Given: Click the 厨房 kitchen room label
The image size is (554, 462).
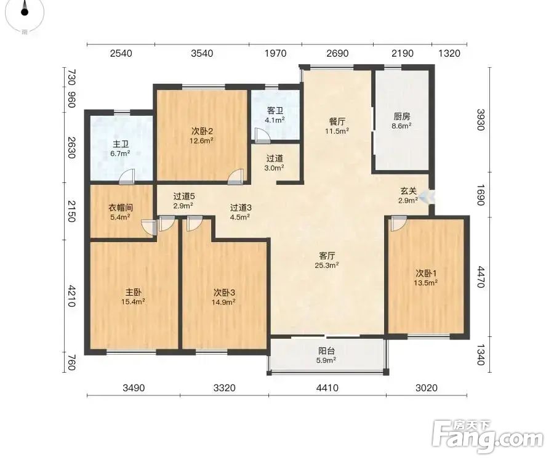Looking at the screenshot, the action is pyautogui.click(x=402, y=116).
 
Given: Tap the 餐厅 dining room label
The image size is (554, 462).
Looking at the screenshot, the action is pyautogui.click(x=337, y=121).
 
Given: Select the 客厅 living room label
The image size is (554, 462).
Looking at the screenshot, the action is pyautogui.click(x=327, y=256).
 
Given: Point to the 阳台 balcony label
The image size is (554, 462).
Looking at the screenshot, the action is pyautogui.click(x=326, y=351).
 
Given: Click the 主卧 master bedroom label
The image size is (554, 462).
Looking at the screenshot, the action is pyautogui.click(x=134, y=293).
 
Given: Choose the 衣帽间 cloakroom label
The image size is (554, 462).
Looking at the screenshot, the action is pyautogui.click(x=121, y=208).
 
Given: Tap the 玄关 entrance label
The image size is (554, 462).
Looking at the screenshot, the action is pyautogui.click(x=408, y=191).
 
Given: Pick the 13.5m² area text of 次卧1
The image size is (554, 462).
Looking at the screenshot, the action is pyautogui.click(x=426, y=282).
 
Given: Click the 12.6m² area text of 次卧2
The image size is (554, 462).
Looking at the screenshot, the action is pyautogui.click(x=201, y=140).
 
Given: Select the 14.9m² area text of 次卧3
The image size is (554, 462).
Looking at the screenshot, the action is pyautogui.click(x=224, y=302).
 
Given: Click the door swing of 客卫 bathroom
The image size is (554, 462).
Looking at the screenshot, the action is pyautogui.click(x=262, y=136).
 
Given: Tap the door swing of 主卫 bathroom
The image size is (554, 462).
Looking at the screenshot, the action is pyautogui.click(x=127, y=177).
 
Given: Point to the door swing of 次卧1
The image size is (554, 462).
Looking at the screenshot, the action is pyautogui.click(x=398, y=224).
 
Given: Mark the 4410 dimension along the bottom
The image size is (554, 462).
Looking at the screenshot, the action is pyautogui.click(x=327, y=387).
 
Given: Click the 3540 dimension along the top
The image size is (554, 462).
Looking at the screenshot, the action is pyautogui.click(x=202, y=54).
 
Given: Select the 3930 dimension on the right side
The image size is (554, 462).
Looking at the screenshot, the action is pyautogui.click(x=481, y=120).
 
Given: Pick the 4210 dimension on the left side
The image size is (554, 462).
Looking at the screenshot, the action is pyautogui.click(x=72, y=296).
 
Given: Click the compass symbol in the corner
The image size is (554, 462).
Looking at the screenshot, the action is pyautogui.click(x=25, y=14).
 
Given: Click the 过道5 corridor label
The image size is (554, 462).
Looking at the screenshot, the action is pyautogui.click(x=184, y=196).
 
